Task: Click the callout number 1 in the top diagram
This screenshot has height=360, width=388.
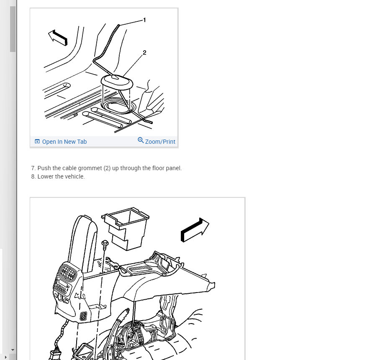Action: (x=144, y=20)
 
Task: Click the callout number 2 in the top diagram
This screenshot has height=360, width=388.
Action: (x=144, y=52)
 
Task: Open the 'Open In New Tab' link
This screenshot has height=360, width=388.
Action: (x=64, y=142)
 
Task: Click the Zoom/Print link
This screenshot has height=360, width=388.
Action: (x=160, y=142)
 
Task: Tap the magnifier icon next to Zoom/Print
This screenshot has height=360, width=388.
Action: (x=141, y=140)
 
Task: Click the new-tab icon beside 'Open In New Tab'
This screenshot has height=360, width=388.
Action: (x=37, y=142)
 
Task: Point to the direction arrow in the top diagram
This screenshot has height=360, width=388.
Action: (x=58, y=38)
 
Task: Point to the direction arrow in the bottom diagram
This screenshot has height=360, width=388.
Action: (x=195, y=230)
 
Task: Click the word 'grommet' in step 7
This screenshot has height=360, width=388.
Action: (x=90, y=168)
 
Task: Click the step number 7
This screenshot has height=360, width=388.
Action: (x=33, y=168)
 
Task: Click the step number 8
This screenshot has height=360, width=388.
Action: (x=33, y=176)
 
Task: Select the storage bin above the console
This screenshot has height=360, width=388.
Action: (x=125, y=228)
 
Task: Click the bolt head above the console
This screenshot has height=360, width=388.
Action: (x=105, y=243)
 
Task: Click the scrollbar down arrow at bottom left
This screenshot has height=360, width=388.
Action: (x=13, y=350)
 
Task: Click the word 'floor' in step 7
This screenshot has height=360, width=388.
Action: (x=158, y=168)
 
